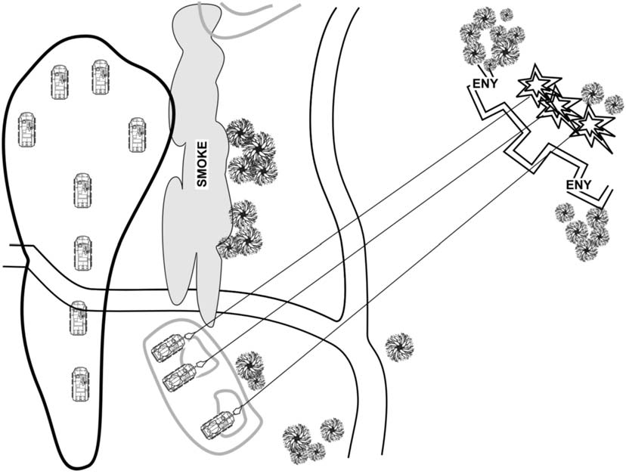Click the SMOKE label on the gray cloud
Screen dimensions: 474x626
pyautogui.click(x=202, y=163)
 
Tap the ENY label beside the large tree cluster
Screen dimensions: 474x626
pyautogui.click(x=485, y=84)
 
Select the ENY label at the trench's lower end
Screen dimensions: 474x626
pyautogui.click(x=578, y=185)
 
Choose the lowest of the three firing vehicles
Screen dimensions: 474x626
pyautogui.click(x=218, y=425)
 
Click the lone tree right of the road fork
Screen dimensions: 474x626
pyautogui.click(x=399, y=347)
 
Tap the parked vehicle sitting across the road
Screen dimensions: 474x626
pyautogui.click(x=78, y=318)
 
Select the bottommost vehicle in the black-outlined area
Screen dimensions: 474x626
pyautogui.click(x=81, y=383)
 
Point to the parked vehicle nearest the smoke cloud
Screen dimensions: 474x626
pyautogui.click(x=137, y=134)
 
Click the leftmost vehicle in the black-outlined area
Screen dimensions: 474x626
pyautogui.click(x=27, y=129)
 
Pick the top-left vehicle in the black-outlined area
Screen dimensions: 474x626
pyautogui.click(x=60, y=81)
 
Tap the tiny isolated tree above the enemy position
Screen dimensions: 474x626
pyautogui.click(x=506, y=14)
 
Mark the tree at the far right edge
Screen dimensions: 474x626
pyautogui.click(x=614, y=104)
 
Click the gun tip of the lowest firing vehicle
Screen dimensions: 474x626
pyautogui.click(x=237, y=410)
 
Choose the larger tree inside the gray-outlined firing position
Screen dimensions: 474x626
pyautogui.click(x=248, y=365)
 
